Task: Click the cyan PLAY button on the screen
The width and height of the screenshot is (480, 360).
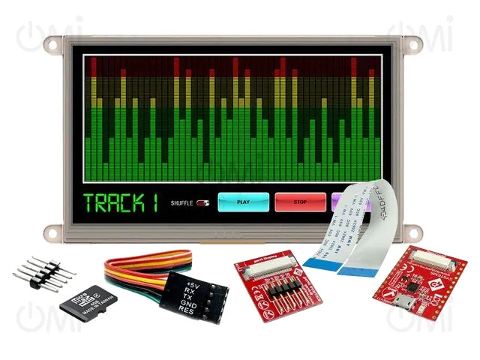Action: (x=243, y=202)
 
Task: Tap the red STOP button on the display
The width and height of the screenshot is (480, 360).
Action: (x=300, y=202)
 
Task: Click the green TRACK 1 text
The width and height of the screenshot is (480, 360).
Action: (x=121, y=202)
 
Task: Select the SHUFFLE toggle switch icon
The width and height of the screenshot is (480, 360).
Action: (x=202, y=202)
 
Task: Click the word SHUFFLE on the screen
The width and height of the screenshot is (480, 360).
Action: (x=181, y=202)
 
